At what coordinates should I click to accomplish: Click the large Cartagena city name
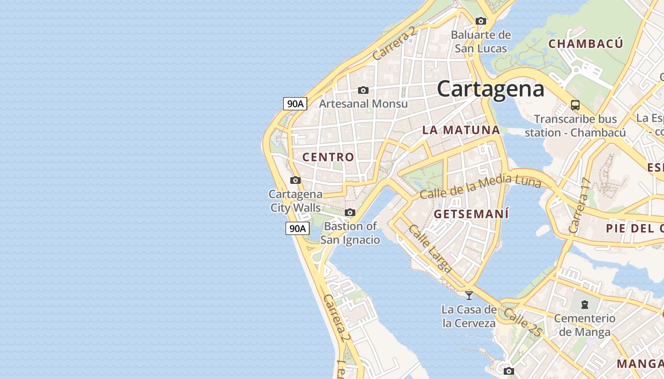(x=490, y=89)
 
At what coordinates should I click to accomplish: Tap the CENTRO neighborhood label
(x=328, y=157)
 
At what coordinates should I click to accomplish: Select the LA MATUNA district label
(x=461, y=130)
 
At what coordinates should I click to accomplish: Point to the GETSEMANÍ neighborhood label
(x=471, y=214)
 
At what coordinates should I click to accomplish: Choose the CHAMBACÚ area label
(x=586, y=44)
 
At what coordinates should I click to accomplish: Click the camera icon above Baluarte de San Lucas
(x=481, y=21)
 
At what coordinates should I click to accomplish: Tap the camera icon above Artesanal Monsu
(x=363, y=90)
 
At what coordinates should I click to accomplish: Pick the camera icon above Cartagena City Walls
(x=295, y=180)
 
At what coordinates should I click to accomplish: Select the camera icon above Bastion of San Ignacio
(x=350, y=212)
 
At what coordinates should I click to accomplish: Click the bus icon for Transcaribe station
(x=575, y=105)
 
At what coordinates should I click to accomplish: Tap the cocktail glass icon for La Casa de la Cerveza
(x=469, y=295)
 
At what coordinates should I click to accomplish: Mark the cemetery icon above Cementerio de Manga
(x=584, y=304)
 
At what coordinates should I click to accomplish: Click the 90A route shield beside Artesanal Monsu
(x=295, y=103)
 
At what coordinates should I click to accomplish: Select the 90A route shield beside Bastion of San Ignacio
(x=297, y=228)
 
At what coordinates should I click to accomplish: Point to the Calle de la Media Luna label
(x=480, y=187)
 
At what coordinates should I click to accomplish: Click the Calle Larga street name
(x=430, y=249)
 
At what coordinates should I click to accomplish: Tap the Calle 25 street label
(x=522, y=323)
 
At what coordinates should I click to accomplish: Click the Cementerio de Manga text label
(x=585, y=325)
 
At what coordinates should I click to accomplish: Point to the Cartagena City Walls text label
(x=295, y=201)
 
